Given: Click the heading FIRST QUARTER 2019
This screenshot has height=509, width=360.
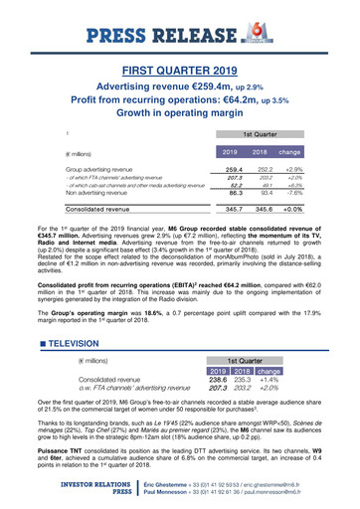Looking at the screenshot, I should [180, 72].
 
